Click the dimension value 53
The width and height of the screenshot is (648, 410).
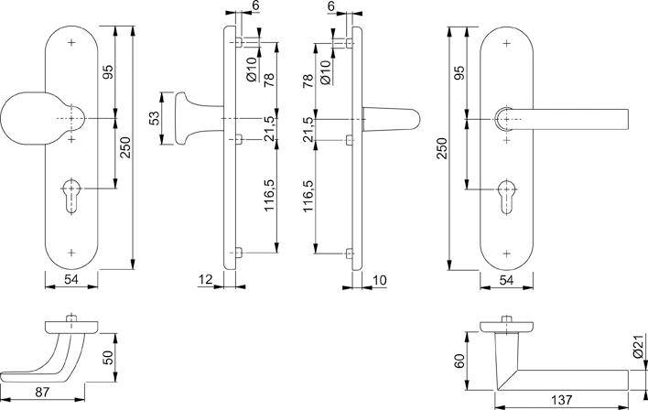click(x=155, y=119)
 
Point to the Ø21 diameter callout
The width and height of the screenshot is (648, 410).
click(x=637, y=349)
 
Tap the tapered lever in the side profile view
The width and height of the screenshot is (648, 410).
click(x=394, y=119)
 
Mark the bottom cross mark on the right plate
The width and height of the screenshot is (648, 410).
click(x=506, y=249)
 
